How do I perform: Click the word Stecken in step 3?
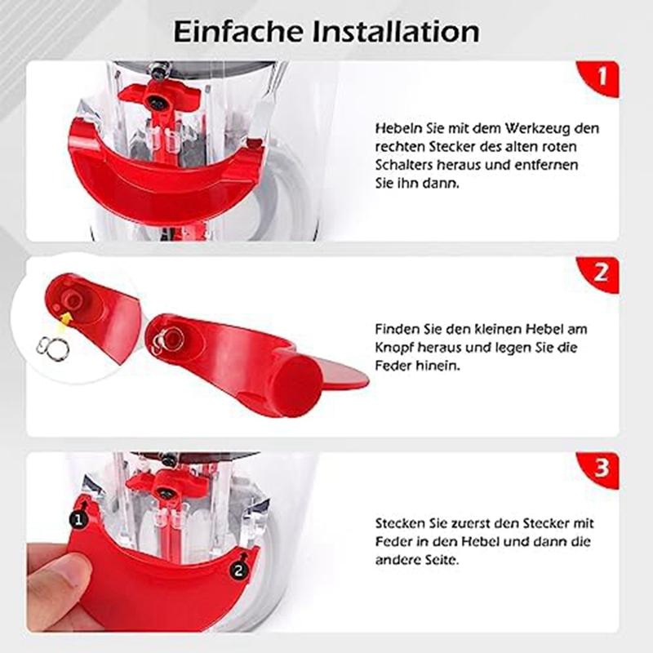(398, 523)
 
